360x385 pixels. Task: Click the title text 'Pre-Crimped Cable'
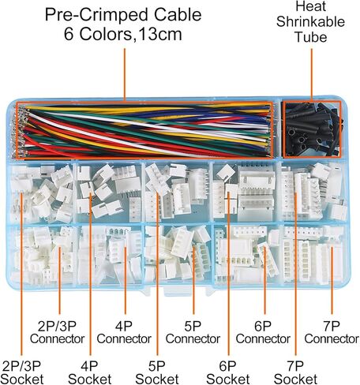(x=123, y=15)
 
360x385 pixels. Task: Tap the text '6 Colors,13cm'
(x=123, y=34)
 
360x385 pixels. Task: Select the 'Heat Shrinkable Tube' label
(x=310, y=21)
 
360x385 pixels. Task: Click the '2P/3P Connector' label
(x=57, y=333)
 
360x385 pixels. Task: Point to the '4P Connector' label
(x=124, y=333)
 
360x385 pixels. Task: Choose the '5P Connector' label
(x=193, y=333)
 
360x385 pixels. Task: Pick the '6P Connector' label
(x=263, y=333)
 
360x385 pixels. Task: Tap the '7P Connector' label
(x=332, y=333)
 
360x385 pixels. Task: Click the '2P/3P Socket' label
(x=22, y=373)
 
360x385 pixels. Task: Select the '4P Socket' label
(x=89, y=373)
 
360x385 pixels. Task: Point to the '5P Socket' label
(x=157, y=373)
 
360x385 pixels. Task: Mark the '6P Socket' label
(x=228, y=373)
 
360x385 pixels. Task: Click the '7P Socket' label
(x=295, y=373)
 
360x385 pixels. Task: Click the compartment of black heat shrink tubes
(x=312, y=129)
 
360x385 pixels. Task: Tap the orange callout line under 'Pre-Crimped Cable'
(x=125, y=75)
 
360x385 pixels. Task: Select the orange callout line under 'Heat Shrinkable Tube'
(x=312, y=75)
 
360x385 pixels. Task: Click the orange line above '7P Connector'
(x=332, y=281)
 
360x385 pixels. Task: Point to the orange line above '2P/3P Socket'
(x=21, y=274)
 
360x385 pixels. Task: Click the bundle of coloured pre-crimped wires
(x=144, y=130)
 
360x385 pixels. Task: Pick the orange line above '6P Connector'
(x=264, y=281)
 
